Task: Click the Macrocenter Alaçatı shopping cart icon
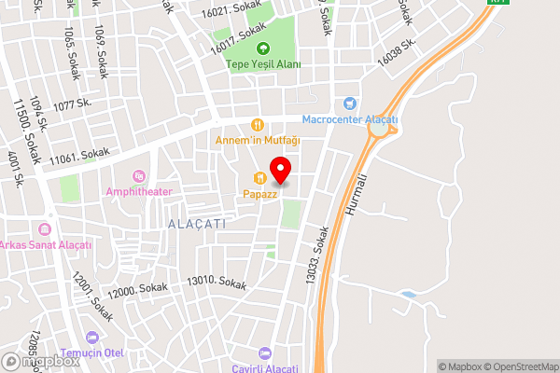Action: click(350, 104)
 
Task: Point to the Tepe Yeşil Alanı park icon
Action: click(262, 49)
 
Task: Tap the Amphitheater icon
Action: click(139, 175)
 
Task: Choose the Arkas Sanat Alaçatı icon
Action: click(43, 228)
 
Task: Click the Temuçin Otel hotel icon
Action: click(91, 338)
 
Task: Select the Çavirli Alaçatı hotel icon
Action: click(264, 352)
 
